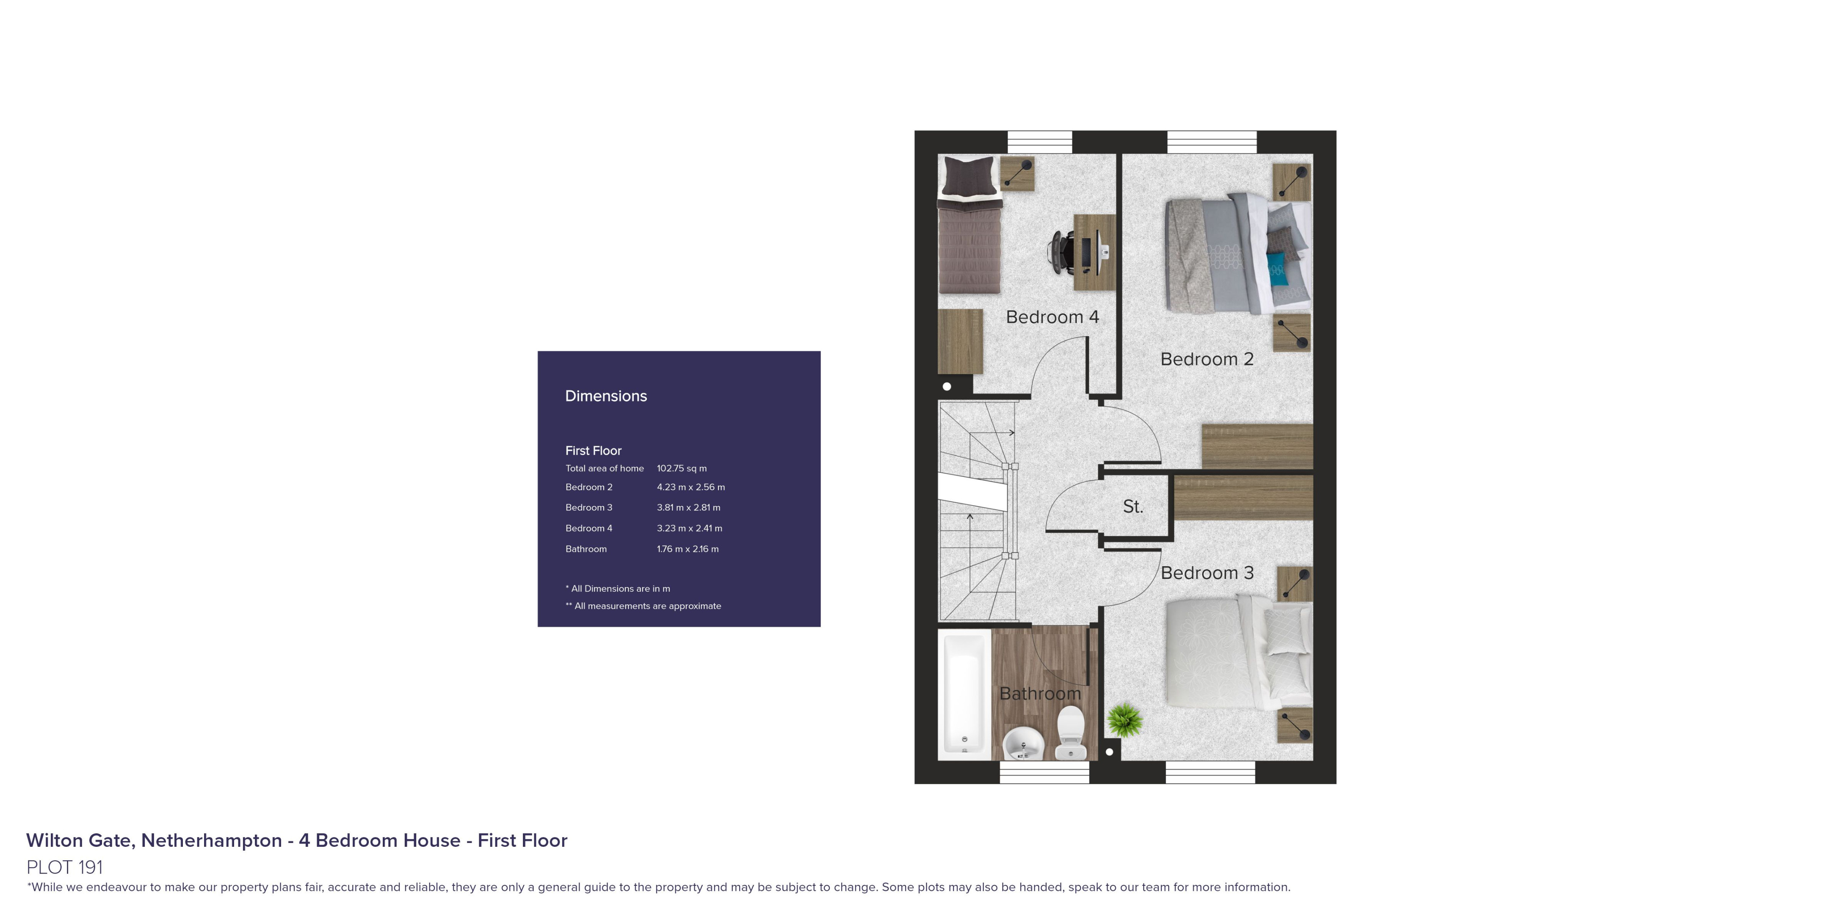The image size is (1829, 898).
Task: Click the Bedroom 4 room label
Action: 1052,317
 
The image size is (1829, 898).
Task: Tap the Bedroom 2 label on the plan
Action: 1207,359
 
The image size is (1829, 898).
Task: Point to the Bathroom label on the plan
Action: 1040,694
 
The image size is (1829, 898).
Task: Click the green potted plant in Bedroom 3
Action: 1124,720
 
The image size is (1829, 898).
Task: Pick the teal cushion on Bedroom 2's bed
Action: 1277,269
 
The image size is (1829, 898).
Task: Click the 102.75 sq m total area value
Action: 682,468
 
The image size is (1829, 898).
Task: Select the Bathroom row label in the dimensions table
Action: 586,549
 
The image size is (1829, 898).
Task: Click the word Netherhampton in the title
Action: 212,840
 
